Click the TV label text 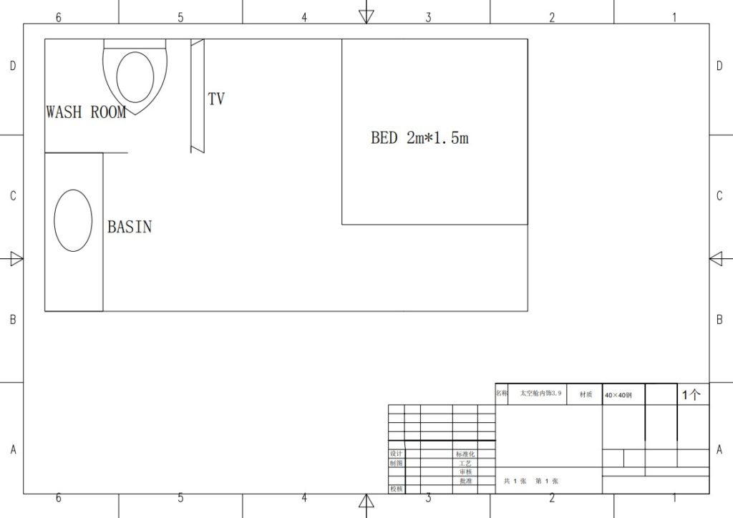point(216,99)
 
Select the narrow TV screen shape point(198,96)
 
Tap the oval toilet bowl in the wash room point(135,77)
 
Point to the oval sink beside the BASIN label point(74,220)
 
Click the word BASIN point(130,227)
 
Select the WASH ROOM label point(86,112)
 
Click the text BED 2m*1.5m point(419,138)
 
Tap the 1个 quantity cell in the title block point(691,394)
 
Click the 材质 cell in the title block point(586,394)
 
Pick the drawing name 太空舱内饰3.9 point(541,394)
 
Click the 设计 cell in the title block point(396,454)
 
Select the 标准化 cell point(465,454)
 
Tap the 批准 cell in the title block point(465,481)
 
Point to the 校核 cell point(396,489)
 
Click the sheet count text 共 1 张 point(515,482)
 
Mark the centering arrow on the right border point(717,259)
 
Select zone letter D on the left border point(12,67)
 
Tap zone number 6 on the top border point(59,16)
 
